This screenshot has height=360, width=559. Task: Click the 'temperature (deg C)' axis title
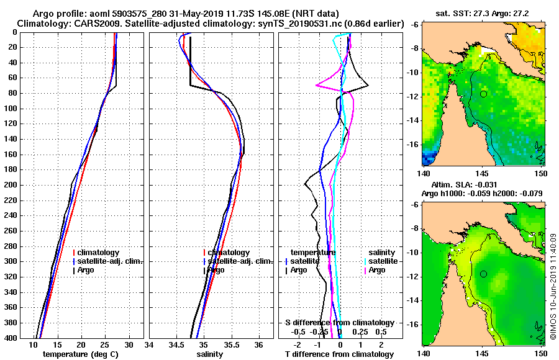coord(80,354)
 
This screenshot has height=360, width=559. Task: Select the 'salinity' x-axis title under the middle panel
coord(211,354)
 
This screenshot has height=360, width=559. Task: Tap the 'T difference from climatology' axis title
coord(340,354)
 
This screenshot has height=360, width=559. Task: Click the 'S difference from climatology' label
coord(340,323)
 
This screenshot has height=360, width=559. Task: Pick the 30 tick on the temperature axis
coord(129,345)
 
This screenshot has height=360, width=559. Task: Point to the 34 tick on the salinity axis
coord(150,345)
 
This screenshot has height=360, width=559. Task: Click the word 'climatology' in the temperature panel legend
coord(99,253)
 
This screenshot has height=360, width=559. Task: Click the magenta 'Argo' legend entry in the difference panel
coord(377,270)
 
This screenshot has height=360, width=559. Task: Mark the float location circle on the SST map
coord(483,94)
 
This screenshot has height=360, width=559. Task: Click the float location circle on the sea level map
coord(483,274)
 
